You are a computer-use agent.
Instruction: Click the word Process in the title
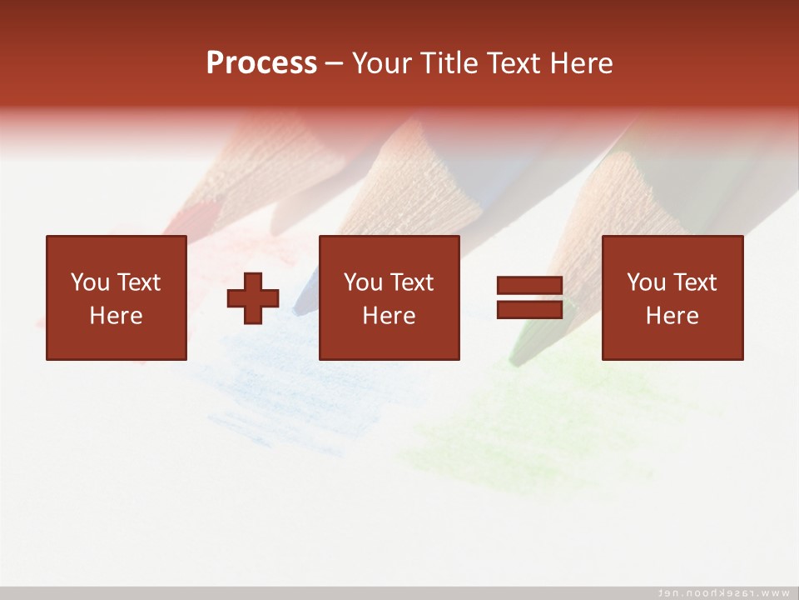click(x=261, y=63)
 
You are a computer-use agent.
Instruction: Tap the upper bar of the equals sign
click(x=529, y=286)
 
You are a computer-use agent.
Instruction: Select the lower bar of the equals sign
click(x=529, y=309)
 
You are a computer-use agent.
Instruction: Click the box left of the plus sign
click(x=117, y=297)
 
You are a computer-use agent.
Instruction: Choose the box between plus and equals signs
click(x=390, y=297)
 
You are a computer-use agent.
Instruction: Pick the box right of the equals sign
click(x=672, y=297)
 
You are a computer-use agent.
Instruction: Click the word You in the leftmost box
click(x=90, y=282)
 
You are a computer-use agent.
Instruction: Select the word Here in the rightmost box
click(x=672, y=316)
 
